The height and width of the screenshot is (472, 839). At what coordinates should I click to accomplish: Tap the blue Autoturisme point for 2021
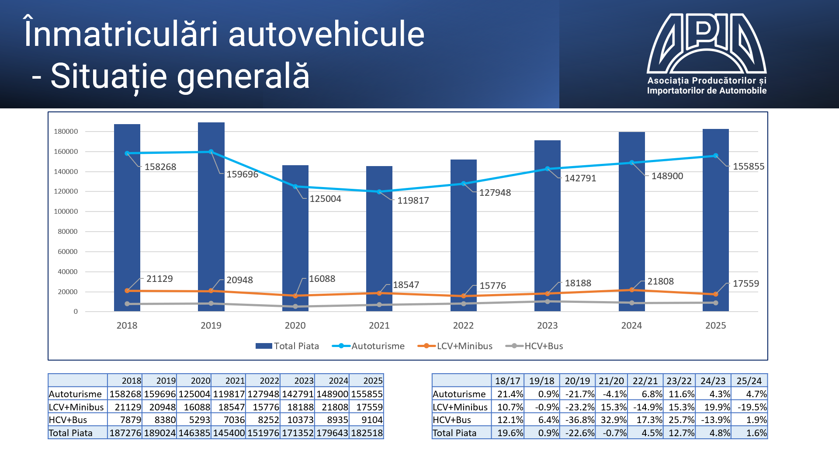379,191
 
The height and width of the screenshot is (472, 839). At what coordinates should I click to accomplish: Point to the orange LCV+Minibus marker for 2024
631,290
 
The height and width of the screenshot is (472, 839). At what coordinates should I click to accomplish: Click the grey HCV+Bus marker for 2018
127,304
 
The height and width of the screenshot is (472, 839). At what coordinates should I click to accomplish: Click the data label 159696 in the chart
242,174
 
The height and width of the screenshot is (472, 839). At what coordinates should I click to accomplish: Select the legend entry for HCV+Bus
543,346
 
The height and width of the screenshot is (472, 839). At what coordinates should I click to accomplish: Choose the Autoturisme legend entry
378,346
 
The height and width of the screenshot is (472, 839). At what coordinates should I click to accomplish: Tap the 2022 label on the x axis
463,326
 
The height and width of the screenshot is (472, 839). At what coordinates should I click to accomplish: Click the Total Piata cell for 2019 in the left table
159,433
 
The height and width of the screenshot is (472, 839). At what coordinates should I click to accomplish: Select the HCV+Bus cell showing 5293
194,420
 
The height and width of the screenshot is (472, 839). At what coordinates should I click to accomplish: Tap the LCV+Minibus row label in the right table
460,407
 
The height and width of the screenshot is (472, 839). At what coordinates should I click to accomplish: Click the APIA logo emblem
707,43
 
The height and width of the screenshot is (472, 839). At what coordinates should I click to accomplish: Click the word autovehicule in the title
326,35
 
